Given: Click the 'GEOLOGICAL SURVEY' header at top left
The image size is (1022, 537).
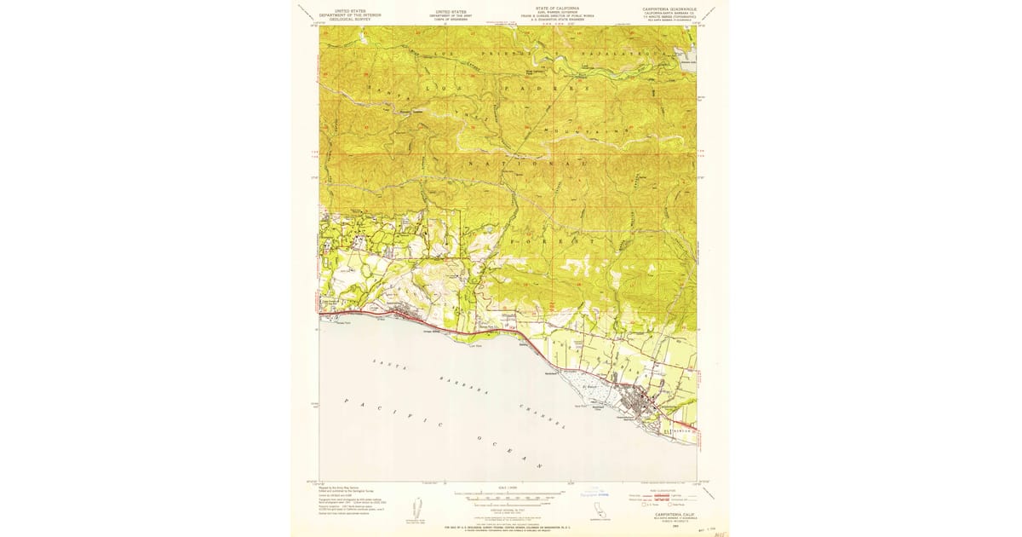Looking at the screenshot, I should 346,19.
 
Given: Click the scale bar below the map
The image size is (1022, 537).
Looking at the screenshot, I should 508,494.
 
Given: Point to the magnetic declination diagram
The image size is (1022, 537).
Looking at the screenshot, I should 417,508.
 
